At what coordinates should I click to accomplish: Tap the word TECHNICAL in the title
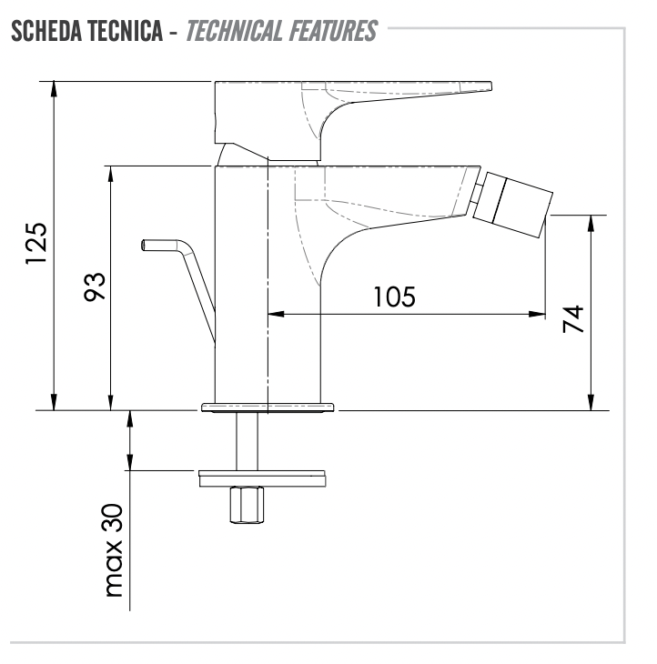click(234, 31)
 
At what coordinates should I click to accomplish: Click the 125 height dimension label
click(36, 244)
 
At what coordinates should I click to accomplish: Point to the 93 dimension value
click(94, 287)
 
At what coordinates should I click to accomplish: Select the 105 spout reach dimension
click(394, 297)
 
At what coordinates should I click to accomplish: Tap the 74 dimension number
click(573, 319)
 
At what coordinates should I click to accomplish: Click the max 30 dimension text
click(114, 550)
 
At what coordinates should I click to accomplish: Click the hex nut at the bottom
click(247, 505)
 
